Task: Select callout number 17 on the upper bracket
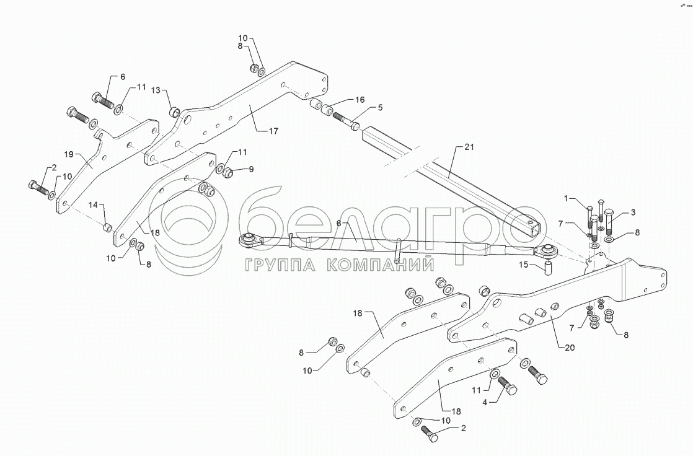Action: click(273, 131)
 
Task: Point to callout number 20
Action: click(570, 348)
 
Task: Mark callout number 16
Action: click(360, 100)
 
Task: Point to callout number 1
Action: click(565, 199)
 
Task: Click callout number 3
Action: click(632, 213)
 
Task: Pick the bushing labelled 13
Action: click(175, 112)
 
